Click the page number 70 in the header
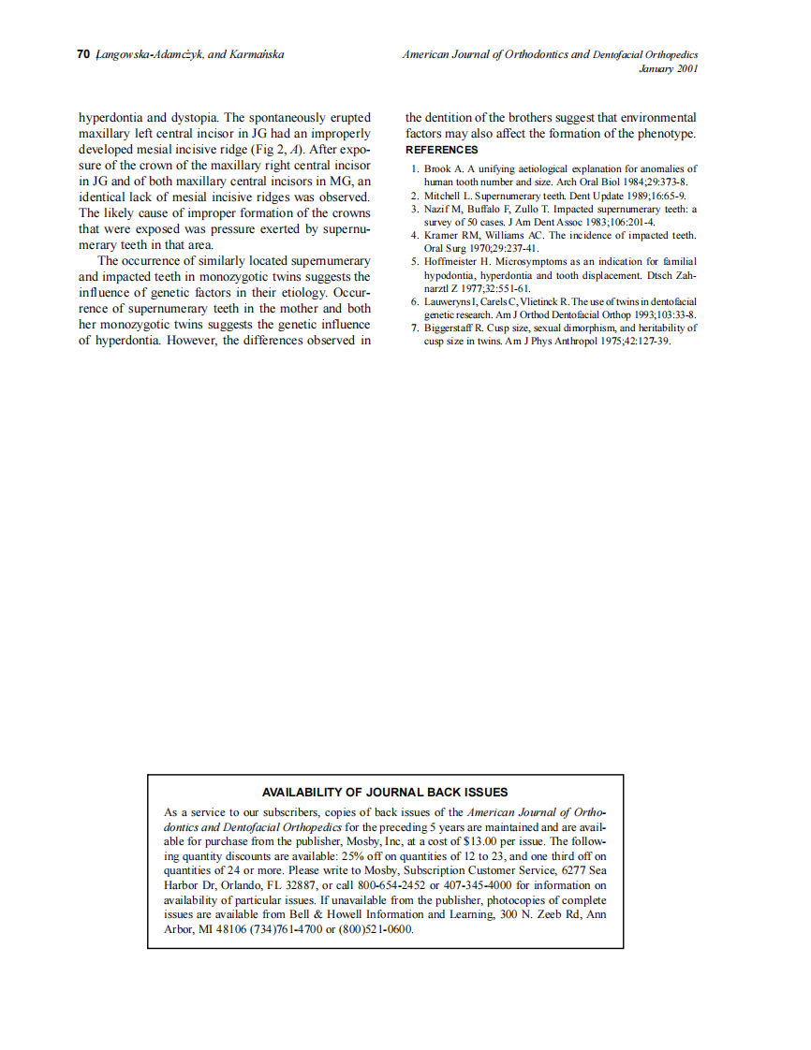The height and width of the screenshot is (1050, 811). pyautogui.click(x=82, y=55)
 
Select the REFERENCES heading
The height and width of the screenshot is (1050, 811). pyautogui.click(x=441, y=150)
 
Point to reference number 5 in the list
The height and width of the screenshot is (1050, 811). pyautogui.click(x=415, y=261)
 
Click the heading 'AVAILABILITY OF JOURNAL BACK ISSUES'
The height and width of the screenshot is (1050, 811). pyautogui.click(x=385, y=792)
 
